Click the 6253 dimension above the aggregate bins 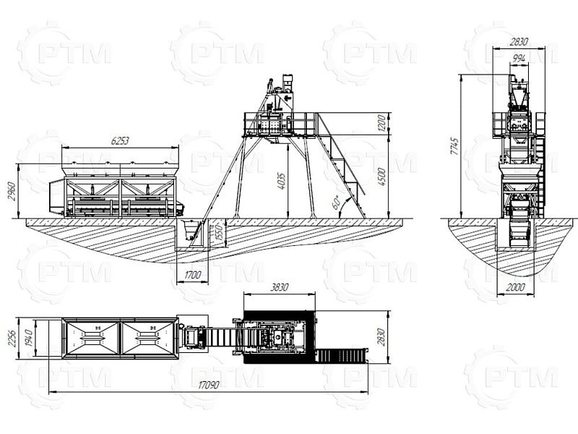point(120,140)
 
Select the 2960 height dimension point(12,191)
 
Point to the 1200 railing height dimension point(381,123)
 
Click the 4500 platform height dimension point(381,176)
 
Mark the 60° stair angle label point(336,203)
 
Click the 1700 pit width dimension point(192,275)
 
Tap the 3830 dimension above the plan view point(279,287)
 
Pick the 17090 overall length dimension point(208,385)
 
